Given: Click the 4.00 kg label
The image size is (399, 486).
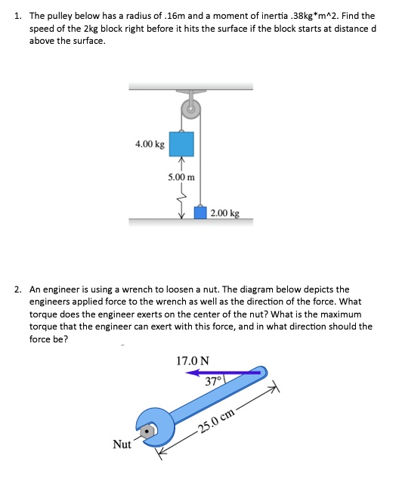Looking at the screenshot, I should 149,144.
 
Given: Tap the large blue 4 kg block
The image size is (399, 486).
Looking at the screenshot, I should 181,143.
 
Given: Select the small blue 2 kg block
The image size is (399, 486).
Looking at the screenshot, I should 201,212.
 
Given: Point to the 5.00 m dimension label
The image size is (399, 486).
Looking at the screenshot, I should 181,177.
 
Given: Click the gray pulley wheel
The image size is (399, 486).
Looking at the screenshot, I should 192,110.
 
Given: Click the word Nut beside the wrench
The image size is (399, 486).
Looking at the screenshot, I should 121,445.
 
